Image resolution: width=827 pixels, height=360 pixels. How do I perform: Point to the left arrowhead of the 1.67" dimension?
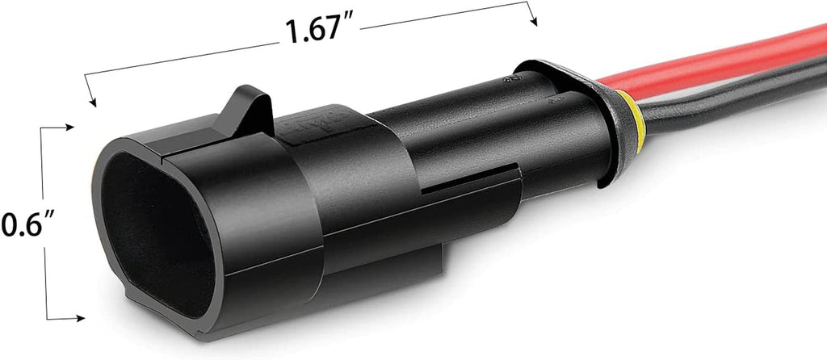click(91, 102)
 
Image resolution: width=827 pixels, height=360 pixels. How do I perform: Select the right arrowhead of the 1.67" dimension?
click(533, 21)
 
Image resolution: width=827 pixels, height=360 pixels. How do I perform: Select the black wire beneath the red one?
click(727, 95)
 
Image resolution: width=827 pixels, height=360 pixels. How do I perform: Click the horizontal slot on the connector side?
click(468, 186)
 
